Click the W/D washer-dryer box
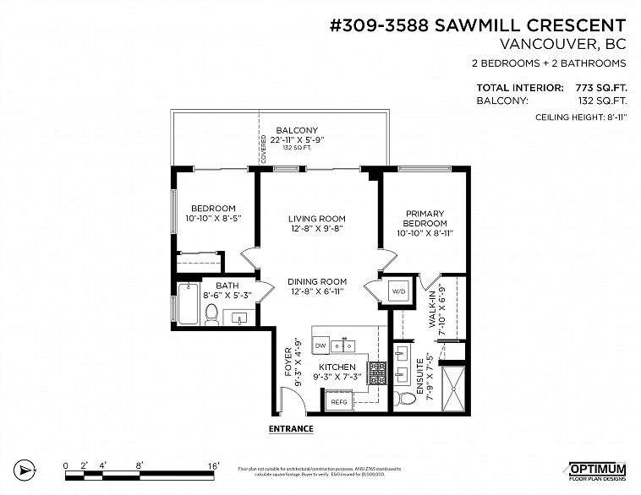(397, 291)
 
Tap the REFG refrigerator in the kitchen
(339, 402)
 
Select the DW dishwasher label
(320, 346)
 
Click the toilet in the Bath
(212, 314)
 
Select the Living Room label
(317, 219)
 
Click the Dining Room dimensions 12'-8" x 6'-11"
(317, 291)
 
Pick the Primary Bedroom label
(425, 219)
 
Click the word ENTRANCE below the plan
(290, 429)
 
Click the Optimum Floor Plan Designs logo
(596, 471)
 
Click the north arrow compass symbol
(26, 469)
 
